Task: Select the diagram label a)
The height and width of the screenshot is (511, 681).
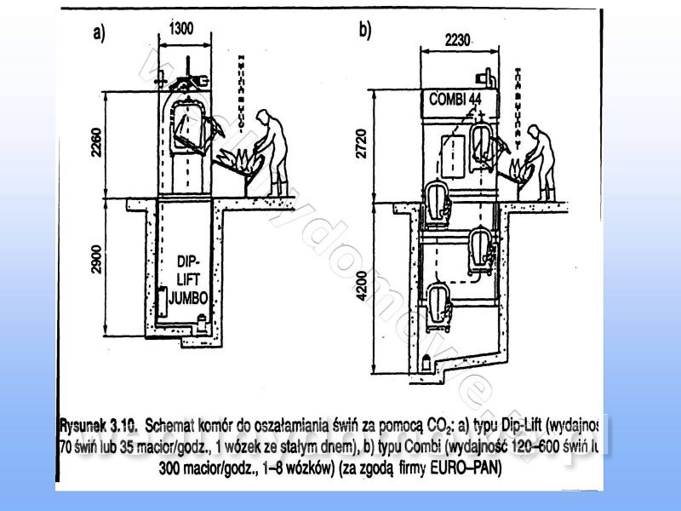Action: point(99,33)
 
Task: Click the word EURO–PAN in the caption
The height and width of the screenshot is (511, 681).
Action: point(472,468)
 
